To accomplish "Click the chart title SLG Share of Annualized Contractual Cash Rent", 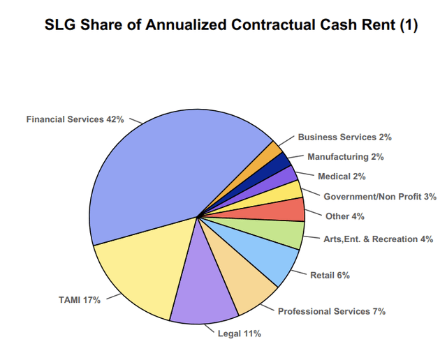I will [231, 25].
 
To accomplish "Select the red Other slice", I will [286, 210].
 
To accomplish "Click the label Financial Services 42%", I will [75, 119].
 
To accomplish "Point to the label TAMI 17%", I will [79, 300].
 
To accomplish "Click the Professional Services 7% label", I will [332, 311].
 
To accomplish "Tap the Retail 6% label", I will [330, 275].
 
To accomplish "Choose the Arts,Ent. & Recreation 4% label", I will [377, 239].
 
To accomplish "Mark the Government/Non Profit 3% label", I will [380, 197].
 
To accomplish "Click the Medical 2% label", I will [342, 177].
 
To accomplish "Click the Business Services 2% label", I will [344, 137].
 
